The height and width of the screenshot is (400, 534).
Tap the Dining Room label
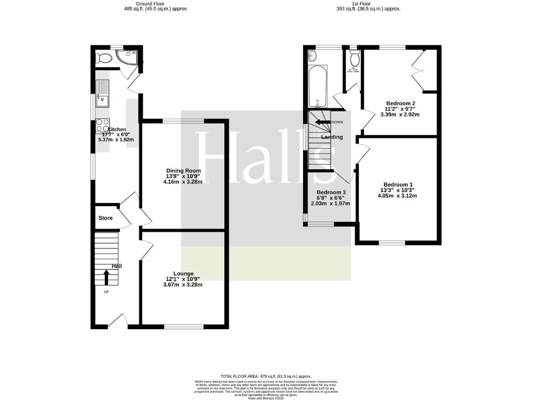tap(183, 171)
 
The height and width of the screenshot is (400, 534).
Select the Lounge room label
tap(183, 273)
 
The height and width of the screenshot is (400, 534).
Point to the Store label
tap(105, 218)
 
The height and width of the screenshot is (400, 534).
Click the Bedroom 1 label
tap(398, 184)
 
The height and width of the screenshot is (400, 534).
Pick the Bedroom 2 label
tap(400, 103)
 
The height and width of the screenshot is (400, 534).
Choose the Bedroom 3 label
tap(331, 192)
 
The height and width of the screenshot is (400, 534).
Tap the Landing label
tap(332, 137)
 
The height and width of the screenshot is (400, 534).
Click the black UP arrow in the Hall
tap(106, 277)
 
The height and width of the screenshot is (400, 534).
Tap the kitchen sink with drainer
tap(102, 93)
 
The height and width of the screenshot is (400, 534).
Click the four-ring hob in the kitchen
tap(102, 126)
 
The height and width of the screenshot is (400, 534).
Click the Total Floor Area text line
tap(266, 376)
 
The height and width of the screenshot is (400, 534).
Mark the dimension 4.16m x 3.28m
tap(183, 182)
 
